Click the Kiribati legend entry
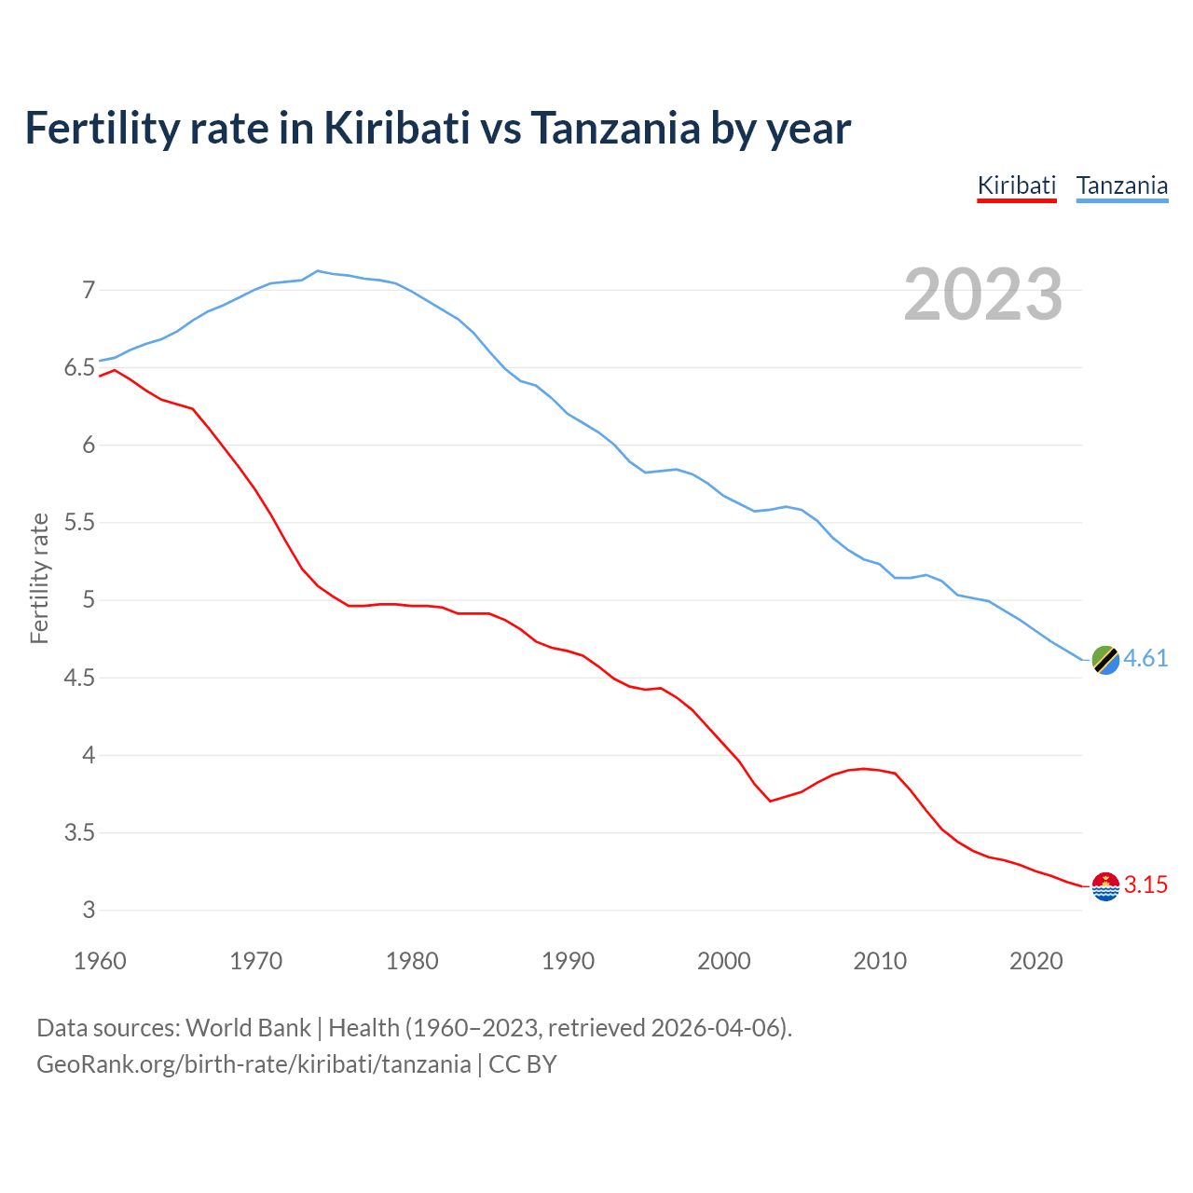(x=1016, y=185)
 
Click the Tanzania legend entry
(x=1121, y=185)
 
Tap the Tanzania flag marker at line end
(x=1105, y=659)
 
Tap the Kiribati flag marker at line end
(x=1105, y=886)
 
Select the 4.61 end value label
(x=1145, y=659)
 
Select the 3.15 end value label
(x=1145, y=885)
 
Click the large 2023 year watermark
(x=982, y=295)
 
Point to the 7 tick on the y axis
(x=89, y=290)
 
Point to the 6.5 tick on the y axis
(x=80, y=368)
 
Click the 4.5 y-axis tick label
(x=80, y=678)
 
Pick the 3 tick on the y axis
(x=89, y=910)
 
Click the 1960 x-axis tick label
(x=100, y=961)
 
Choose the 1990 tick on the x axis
(x=568, y=961)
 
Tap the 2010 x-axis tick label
(x=880, y=961)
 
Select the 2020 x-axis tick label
(x=1035, y=961)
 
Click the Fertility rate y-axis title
(x=39, y=578)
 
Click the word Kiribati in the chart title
(x=396, y=128)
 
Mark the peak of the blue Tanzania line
(x=318, y=270)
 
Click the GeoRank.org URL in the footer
(x=254, y=1064)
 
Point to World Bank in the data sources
(x=248, y=1028)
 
